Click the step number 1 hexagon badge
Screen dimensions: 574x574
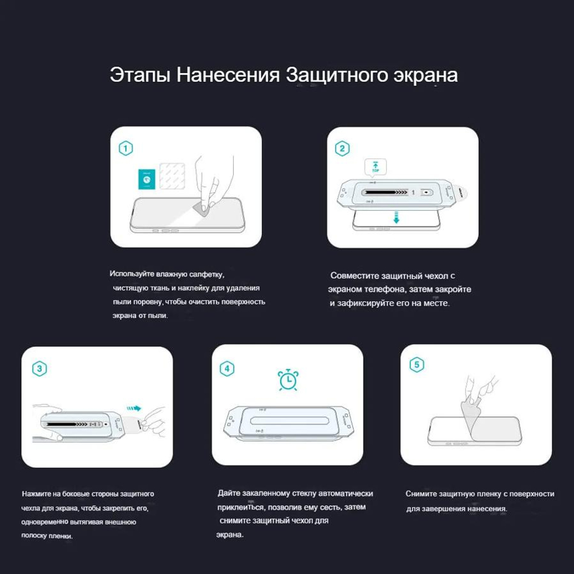(126, 148)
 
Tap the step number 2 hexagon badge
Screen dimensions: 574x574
(343, 149)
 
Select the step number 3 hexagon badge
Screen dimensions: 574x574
(39, 369)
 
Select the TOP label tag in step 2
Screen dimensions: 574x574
(375, 167)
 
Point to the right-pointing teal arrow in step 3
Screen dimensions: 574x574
(133, 408)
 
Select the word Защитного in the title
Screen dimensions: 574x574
(335, 75)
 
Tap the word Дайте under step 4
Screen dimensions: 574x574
(228, 493)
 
